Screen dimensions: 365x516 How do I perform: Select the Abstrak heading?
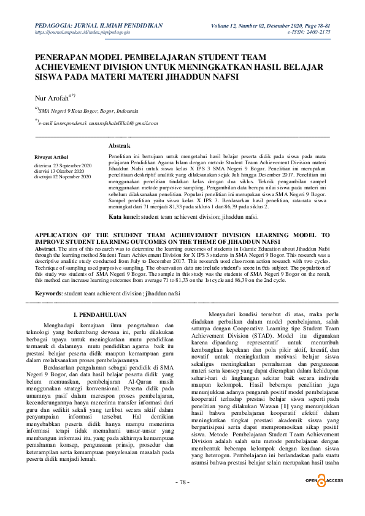coord(119,146)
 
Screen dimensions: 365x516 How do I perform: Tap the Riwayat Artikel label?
coord(52,157)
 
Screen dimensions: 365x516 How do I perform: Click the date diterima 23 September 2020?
coord(63,165)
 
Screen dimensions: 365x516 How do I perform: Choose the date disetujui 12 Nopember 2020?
coord(63,176)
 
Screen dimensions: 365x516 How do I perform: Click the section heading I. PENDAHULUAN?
coord(100,314)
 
